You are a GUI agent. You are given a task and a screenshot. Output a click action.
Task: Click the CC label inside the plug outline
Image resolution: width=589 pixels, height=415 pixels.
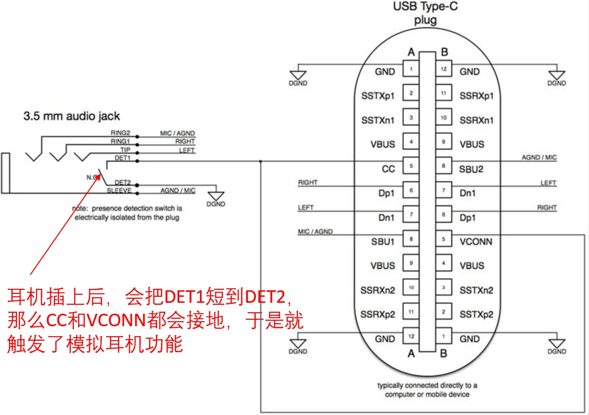pyautogui.click(x=388, y=169)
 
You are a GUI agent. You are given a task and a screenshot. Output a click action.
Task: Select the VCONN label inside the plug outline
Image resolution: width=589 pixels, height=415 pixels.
pyautogui.click(x=475, y=242)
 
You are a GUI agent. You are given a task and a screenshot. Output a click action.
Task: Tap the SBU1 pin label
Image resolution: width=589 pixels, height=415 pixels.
pyautogui.click(x=383, y=242)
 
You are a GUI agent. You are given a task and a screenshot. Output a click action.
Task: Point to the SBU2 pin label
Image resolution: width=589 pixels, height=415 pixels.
pyautogui.click(x=472, y=169)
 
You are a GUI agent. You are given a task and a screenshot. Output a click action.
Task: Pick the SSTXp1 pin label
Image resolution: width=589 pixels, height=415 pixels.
pyautogui.click(x=378, y=95)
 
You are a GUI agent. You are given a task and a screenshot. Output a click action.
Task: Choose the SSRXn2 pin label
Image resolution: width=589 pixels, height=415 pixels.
pyautogui.click(x=378, y=290)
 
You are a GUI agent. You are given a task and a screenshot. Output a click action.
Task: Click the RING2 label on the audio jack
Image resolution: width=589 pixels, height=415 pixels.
pyautogui.click(x=120, y=133)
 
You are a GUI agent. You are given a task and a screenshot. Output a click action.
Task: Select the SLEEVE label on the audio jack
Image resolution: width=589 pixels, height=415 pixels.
pyautogui.click(x=119, y=191)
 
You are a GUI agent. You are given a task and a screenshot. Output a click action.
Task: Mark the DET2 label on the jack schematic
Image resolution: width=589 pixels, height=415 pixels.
pyautogui.click(x=123, y=183)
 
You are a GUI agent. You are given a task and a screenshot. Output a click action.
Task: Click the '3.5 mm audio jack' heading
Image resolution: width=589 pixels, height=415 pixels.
pyautogui.click(x=72, y=116)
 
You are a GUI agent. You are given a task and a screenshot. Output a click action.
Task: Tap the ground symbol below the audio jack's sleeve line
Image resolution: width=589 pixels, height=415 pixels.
pyautogui.click(x=215, y=196)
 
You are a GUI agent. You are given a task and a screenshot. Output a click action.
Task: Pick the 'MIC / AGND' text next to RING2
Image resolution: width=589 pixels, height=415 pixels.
pyautogui.click(x=178, y=133)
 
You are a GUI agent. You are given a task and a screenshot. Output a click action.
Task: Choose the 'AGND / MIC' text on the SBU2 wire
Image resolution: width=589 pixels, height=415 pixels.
pyautogui.click(x=539, y=158)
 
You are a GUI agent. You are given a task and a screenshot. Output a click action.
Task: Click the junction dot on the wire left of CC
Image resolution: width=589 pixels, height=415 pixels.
pyautogui.click(x=260, y=161)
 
